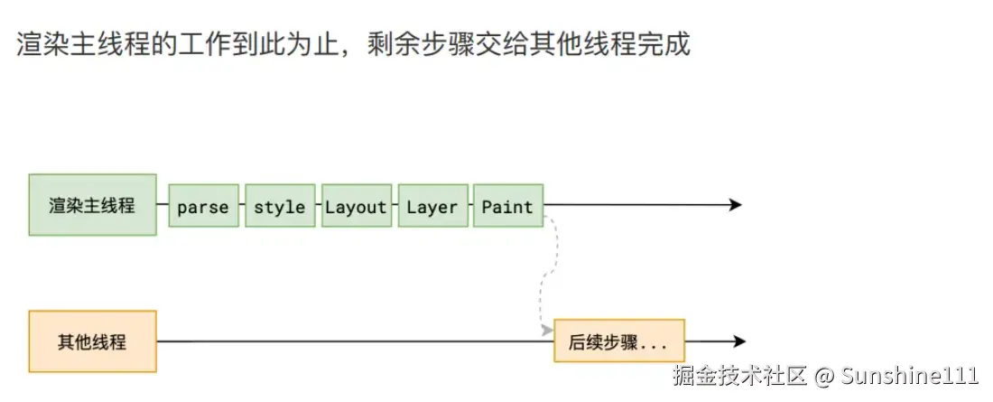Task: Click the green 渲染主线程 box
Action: [92, 205]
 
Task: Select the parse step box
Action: [203, 206]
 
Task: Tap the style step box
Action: [279, 206]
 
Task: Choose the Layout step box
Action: [356, 206]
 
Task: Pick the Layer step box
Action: [432, 206]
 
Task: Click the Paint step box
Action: [507, 206]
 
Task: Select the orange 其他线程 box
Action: [92, 341]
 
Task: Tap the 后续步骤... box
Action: [618, 341]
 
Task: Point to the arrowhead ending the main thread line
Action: [735, 205]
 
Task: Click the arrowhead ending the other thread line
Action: [739, 341]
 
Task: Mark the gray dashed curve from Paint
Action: [545, 271]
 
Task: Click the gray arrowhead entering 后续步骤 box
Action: [547, 332]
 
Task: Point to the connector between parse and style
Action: [242, 206]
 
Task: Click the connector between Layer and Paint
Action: [470, 206]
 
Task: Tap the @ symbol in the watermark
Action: [822, 375]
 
